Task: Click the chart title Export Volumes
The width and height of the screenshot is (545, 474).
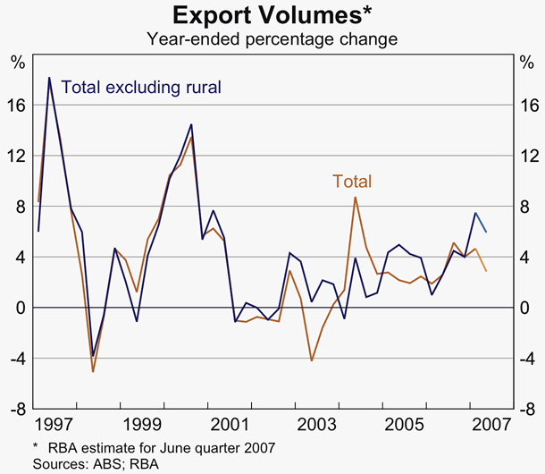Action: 272,15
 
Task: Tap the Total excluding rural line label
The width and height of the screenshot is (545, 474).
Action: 141,88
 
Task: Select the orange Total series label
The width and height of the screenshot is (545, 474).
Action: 352,182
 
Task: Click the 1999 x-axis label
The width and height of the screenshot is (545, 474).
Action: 145,423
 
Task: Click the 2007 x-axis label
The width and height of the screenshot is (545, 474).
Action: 488,423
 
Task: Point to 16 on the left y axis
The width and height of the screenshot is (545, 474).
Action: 17,105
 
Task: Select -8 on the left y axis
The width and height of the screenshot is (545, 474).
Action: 17,410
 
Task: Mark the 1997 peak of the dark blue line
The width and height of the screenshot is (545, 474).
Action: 49,78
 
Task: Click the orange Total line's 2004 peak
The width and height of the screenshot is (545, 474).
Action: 356,197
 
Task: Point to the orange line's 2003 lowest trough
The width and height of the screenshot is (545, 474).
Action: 311,360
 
